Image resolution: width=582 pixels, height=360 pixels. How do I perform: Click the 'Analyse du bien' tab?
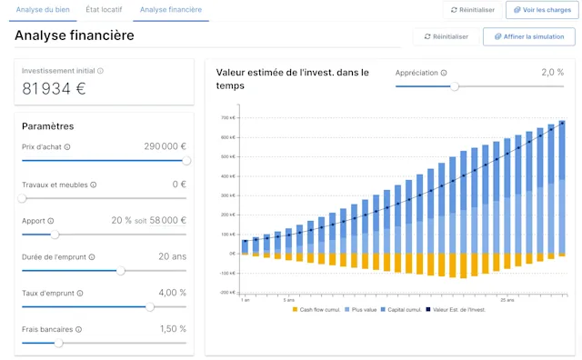click(41, 9)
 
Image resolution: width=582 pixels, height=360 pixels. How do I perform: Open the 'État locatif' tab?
click(103, 9)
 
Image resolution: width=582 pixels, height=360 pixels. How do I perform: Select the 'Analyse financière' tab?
click(171, 9)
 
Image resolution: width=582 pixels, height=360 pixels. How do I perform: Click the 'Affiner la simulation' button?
click(529, 36)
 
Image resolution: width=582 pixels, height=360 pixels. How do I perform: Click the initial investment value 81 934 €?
click(54, 88)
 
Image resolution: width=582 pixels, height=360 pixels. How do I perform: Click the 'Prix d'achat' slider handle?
click(186, 160)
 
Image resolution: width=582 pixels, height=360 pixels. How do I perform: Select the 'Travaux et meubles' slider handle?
click(22, 197)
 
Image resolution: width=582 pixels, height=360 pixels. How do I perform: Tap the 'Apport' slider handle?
click(55, 234)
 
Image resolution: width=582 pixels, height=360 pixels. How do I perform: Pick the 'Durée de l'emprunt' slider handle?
click(121, 270)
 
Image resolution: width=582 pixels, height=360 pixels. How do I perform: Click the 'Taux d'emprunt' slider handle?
click(150, 306)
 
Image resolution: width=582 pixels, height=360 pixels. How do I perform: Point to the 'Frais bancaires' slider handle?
click(59, 343)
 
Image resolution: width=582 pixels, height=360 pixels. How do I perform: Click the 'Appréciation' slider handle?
click(455, 86)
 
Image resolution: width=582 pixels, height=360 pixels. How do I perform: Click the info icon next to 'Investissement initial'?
click(100, 71)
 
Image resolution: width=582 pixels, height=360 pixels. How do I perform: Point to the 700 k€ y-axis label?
click(227, 118)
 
